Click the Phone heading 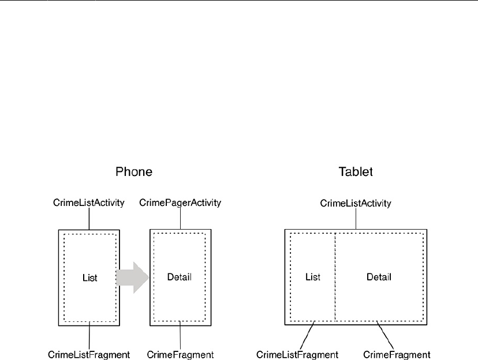click(x=134, y=172)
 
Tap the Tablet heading click(x=355, y=172)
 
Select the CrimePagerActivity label click(x=181, y=203)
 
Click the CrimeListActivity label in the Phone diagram click(x=89, y=203)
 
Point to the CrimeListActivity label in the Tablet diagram click(x=356, y=203)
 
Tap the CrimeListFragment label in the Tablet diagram click(x=297, y=354)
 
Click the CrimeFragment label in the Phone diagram click(x=181, y=354)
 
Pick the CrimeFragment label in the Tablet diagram click(x=397, y=354)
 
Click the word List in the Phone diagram click(x=89, y=277)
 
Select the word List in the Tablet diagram click(x=312, y=277)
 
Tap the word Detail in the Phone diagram click(x=179, y=277)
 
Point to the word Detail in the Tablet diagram click(x=379, y=277)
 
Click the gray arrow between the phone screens click(x=133, y=277)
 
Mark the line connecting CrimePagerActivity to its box click(x=181, y=219)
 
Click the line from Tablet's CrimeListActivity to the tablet click(x=356, y=219)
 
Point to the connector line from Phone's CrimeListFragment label click(x=89, y=335)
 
